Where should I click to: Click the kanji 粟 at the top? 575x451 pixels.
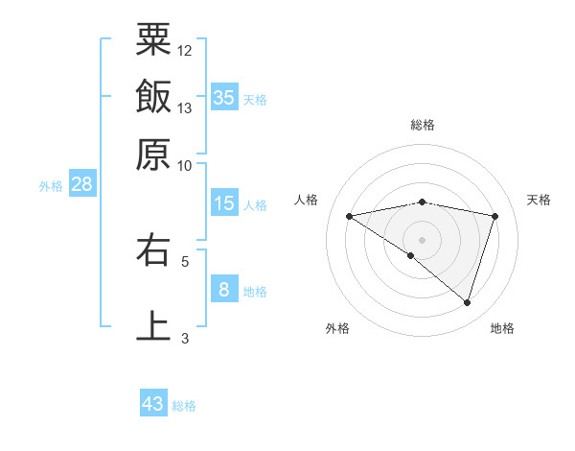tap(153, 41)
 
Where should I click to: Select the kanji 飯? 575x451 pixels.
tap(153, 97)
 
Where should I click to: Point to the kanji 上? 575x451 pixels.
tap(153, 324)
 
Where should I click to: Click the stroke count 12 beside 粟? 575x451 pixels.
tap(185, 50)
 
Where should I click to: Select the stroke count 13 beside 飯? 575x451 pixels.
tap(185, 107)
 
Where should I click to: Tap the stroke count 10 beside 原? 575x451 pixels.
tap(185, 165)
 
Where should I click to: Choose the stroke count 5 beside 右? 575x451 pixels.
tap(185, 260)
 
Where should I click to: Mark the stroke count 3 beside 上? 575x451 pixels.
tap(185, 337)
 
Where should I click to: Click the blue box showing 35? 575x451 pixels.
tap(223, 97)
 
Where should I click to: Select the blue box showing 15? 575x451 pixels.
tap(223, 203)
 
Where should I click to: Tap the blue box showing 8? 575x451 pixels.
tap(223, 289)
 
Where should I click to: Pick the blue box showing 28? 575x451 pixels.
tap(81, 185)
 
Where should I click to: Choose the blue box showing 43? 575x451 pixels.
tap(153, 404)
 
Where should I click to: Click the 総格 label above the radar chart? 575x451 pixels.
tap(423, 126)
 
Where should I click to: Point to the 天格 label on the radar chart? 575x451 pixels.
tap(539, 200)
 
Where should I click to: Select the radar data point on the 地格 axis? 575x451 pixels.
tap(467, 302)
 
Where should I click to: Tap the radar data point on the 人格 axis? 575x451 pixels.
tap(350, 216)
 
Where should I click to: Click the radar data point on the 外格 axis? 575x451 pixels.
tap(411, 255)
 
